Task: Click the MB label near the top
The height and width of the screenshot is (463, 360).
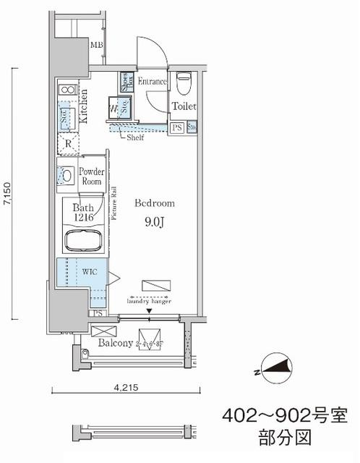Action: point(96,46)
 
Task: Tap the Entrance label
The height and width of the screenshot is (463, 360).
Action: point(152,82)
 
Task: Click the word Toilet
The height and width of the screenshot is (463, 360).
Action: point(184,106)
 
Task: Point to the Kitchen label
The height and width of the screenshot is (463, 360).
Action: point(85,106)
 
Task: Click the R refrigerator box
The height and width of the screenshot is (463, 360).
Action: point(67,143)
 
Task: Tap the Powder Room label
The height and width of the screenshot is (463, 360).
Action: point(92,177)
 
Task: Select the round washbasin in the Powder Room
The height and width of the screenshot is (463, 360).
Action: point(66,175)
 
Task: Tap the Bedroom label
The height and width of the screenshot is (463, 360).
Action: point(154,203)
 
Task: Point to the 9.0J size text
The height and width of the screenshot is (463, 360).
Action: point(154,223)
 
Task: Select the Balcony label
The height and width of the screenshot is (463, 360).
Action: point(115,342)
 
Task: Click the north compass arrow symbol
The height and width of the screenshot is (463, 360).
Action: point(275,370)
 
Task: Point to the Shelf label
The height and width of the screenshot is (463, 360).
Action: point(134,137)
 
